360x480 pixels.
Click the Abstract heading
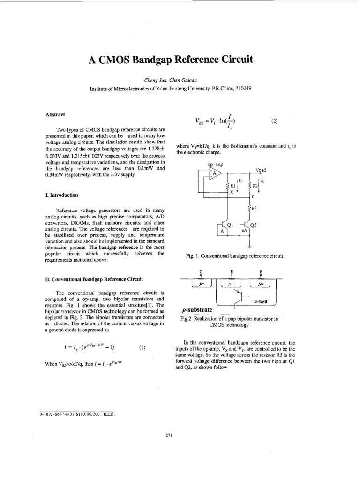click(55, 114)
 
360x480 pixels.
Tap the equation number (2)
click(275, 120)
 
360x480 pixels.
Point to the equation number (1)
click(142, 347)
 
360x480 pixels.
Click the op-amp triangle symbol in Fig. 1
click(216, 174)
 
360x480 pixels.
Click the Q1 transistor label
click(230, 225)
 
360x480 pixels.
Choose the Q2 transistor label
click(254, 225)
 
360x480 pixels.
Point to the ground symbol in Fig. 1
click(249, 246)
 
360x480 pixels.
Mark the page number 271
click(170, 435)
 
